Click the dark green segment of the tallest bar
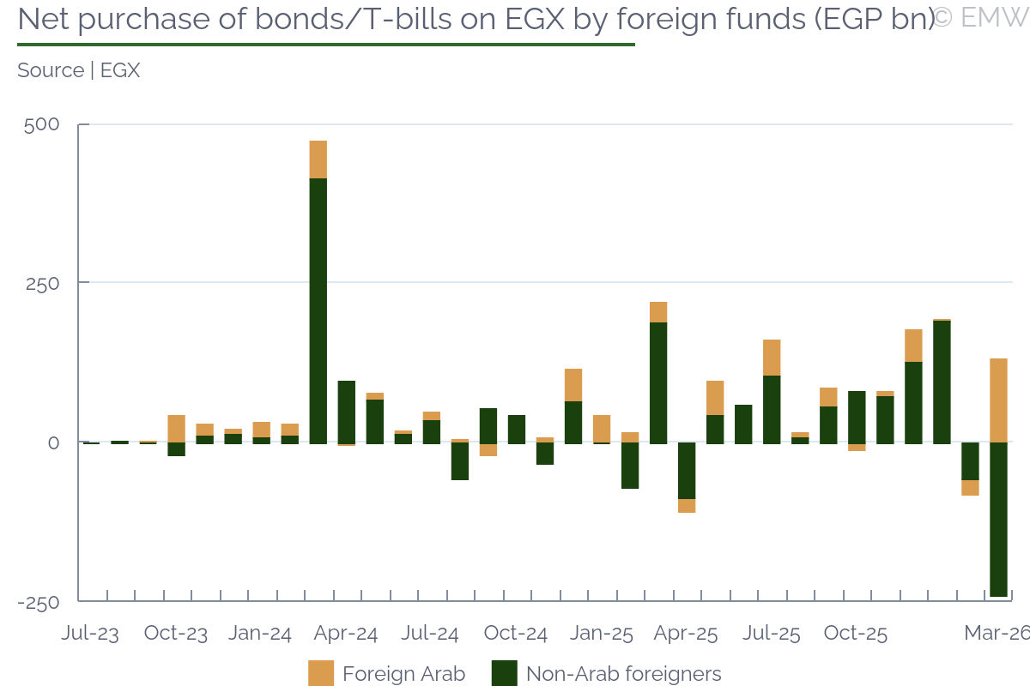point(318,309)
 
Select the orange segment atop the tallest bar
point(318,159)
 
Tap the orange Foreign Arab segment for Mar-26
point(998,400)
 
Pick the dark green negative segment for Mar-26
point(998,519)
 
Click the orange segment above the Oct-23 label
point(176,428)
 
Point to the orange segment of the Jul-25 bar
point(772,358)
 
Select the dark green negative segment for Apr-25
point(687,470)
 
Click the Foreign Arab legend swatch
point(321,673)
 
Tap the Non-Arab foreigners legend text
point(623,674)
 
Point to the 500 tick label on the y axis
point(42,125)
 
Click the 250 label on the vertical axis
point(42,283)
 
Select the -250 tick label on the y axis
point(39,602)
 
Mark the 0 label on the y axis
point(53,442)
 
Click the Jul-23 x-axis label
point(90,634)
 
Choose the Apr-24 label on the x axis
point(345,634)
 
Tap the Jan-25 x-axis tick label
point(602,634)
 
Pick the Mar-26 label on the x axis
point(996,634)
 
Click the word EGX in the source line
point(120,70)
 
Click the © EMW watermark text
point(980,17)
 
